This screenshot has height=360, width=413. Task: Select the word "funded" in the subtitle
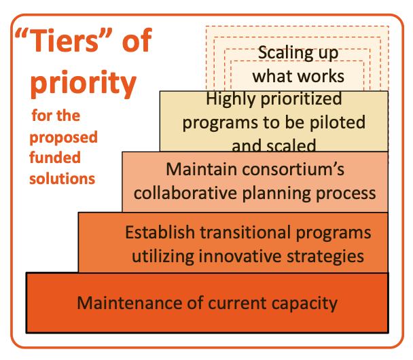click(55, 158)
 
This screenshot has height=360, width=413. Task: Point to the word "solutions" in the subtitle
click(62, 179)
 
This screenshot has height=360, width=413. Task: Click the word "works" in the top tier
click(326, 75)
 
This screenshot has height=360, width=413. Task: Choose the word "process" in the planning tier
click(347, 193)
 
